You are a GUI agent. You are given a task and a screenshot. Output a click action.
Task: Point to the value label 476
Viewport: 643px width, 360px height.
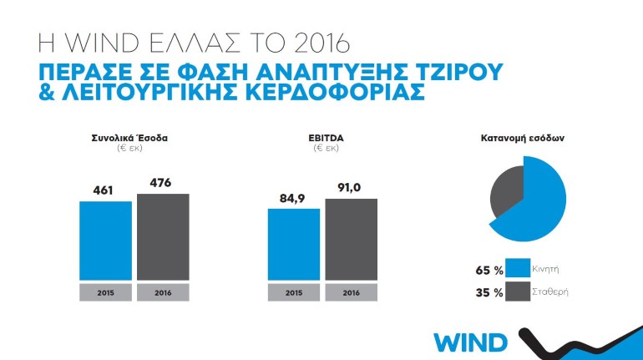pos(159,183)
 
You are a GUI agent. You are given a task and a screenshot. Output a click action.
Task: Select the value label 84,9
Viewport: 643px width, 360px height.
pos(293,199)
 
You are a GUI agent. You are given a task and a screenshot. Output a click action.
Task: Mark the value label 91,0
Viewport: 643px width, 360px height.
pos(350,189)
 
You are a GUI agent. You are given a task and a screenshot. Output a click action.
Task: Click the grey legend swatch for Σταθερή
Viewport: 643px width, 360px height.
pos(520,292)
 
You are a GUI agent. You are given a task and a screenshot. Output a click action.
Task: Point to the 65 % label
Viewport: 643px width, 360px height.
pos(489,271)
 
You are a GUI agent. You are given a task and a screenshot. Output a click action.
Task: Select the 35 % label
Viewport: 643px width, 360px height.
pos(489,292)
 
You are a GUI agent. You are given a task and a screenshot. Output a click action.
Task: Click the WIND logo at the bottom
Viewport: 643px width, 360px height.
pos(470,342)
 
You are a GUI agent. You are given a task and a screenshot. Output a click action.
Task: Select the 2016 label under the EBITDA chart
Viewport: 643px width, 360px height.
pos(351,292)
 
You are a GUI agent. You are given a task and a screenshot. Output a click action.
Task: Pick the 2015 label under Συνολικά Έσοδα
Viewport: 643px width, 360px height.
pos(105,292)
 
